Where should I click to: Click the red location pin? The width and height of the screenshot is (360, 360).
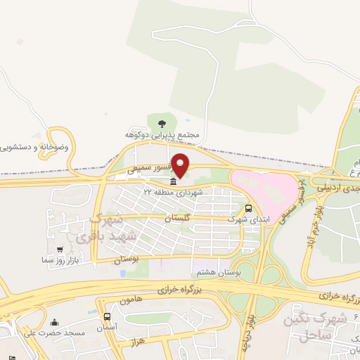181,165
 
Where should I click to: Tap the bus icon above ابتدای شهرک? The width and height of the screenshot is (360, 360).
248,208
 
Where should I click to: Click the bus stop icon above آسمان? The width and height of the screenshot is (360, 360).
106,317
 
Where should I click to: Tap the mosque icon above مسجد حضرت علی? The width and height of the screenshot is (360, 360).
56,323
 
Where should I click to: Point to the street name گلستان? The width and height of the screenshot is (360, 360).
178,220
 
